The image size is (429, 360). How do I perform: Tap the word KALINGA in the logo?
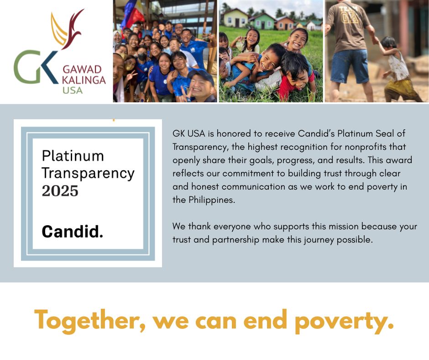[84, 80]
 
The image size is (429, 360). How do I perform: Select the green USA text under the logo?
[73, 90]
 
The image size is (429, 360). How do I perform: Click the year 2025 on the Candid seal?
[60, 191]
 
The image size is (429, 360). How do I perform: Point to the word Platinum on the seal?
[73, 156]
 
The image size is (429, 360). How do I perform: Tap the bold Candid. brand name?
[73, 232]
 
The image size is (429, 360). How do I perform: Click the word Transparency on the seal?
[88, 174]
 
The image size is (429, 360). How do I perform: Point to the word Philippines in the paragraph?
[211, 200]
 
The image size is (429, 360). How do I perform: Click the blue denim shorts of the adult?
[350, 66]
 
